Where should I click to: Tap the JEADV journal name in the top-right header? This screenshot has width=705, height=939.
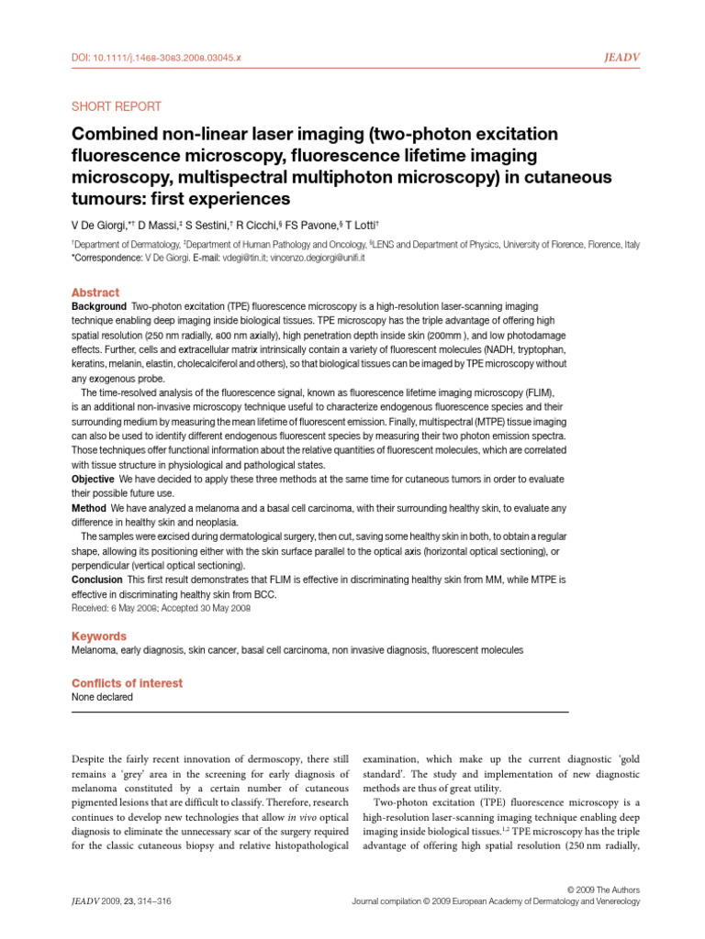622,57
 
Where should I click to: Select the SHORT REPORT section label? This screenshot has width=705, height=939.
117,106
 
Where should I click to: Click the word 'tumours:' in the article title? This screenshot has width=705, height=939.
106,199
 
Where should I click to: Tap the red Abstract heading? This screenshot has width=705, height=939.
95,293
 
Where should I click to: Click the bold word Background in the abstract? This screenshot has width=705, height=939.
98,305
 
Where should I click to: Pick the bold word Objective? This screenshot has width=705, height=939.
94,480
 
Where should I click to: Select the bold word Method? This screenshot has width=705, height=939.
89,508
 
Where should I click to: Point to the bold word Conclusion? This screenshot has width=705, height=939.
97,580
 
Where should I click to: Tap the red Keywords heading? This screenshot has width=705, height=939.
99,636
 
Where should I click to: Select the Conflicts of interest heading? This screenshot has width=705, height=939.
127,683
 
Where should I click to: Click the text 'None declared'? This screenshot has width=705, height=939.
102,697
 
